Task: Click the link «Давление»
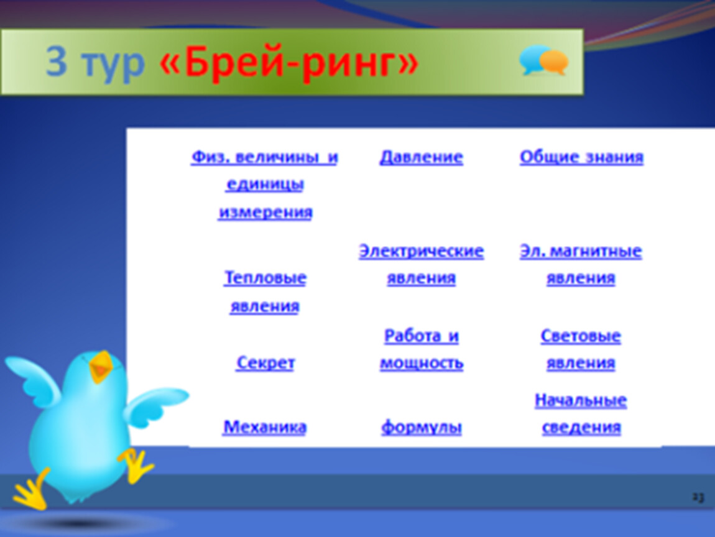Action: (x=422, y=157)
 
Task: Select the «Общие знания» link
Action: (x=581, y=157)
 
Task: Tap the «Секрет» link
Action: (x=265, y=363)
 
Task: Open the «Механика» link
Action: (x=265, y=427)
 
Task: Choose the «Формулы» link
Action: (x=422, y=427)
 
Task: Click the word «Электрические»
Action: (x=422, y=251)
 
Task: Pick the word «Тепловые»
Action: (x=265, y=278)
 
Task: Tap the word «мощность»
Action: (x=422, y=364)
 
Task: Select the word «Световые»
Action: (x=581, y=336)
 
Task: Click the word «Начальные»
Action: (x=581, y=400)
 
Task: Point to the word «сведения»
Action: (x=581, y=428)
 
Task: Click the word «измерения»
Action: (x=265, y=213)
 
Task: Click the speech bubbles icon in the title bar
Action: (x=544, y=60)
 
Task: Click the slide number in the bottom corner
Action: (x=698, y=497)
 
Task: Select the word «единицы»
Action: (x=265, y=185)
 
